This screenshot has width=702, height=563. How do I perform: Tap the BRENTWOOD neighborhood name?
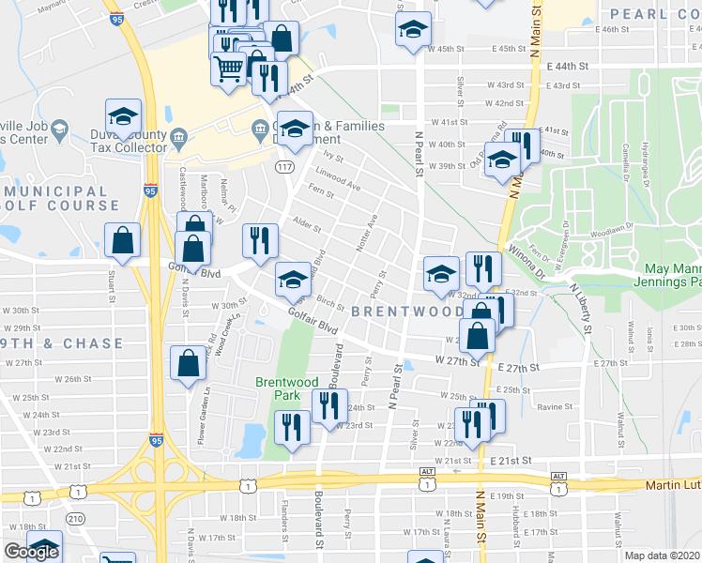pyautogui.click(x=408, y=312)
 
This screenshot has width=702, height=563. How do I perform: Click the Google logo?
pyautogui.click(x=31, y=552)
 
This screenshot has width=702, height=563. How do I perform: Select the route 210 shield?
pyautogui.click(x=73, y=518)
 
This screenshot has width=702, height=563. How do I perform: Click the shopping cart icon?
pyautogui.click(x=228, y=68)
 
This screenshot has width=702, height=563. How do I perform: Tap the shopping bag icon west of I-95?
pyautogui.click(x=123, y=240)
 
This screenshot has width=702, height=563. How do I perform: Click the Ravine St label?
pyautogui.click(x=555, y=406)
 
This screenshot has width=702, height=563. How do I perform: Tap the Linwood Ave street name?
pyautogui.click(x=338, y=178)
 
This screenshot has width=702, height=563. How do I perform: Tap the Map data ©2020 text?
pyautogui.click(x=662, y=555)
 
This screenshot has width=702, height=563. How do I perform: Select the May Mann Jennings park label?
pyautogui.click(x=662, y=275)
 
